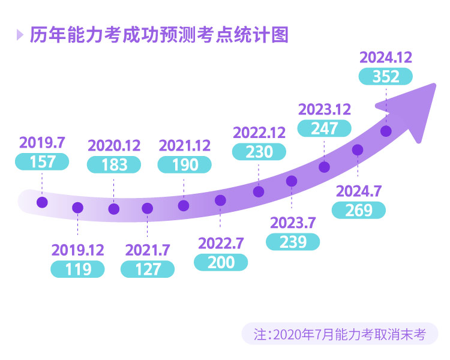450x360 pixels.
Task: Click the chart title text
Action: (x=159, y=35)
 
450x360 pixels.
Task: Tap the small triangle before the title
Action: (x=20, y=35)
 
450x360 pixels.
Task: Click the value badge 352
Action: (x=385, y=76)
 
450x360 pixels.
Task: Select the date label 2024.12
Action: (x=385, y=58)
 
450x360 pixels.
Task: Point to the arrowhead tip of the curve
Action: (x=431, y=83)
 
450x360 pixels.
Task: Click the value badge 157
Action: (x=42, y=161)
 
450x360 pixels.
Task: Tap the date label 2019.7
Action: (x=42, y=143)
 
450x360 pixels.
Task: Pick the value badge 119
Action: (x=78, y=269)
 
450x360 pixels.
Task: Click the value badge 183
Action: (x=114, y=164)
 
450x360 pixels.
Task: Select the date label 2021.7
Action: (x=147, y=250)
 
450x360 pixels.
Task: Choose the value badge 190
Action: (x=185, y=164)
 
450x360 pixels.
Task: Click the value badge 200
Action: (x=221, y=262)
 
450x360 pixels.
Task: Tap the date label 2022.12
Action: (x=259, y=132)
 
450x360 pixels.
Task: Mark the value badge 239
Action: (x=293, y=241)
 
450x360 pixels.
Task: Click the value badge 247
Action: (x=325, y=128)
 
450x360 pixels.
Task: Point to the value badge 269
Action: (x=359, y=210)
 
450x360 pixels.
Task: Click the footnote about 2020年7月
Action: (x=340, y=334)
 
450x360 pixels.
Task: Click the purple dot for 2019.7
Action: (x=42, y=202)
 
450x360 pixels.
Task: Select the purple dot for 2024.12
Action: (x=386, y=131)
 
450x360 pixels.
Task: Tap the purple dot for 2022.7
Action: (x=220, y=200)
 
